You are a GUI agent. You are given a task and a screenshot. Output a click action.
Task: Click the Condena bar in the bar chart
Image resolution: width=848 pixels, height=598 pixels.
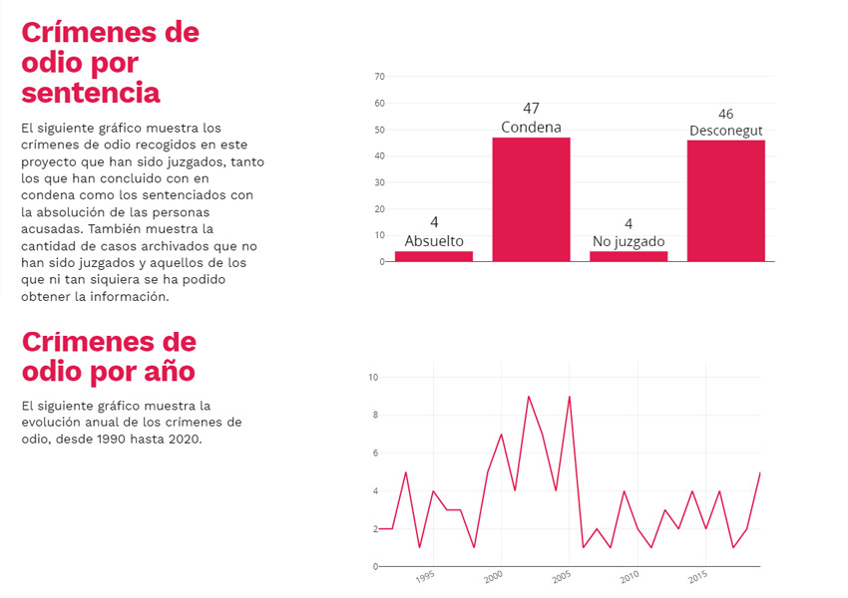(531, 199)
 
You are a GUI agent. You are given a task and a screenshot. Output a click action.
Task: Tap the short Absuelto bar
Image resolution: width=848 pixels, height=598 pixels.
(434, 256)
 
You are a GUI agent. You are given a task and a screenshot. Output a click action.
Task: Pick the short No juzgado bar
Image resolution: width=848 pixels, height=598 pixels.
(629, 256)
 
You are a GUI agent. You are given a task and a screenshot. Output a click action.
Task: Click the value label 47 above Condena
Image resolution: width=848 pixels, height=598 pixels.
(531, 108)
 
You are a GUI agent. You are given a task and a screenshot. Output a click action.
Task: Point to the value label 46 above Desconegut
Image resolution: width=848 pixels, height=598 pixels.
(725, 114)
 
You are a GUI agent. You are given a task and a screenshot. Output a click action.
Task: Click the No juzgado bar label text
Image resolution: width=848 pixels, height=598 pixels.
(629, 241)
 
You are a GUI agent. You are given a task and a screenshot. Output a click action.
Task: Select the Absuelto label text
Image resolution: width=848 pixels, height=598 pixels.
(434, 241)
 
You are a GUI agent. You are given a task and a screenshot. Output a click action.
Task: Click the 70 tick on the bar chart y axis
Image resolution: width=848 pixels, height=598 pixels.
(379, 77)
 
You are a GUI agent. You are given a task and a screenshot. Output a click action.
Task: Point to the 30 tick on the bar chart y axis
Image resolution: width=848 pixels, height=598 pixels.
(379, 182)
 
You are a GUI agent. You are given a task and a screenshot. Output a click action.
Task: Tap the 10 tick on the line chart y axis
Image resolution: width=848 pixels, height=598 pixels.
(372, 378)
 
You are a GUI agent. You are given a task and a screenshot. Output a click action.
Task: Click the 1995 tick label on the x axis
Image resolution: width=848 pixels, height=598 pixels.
(426, 577)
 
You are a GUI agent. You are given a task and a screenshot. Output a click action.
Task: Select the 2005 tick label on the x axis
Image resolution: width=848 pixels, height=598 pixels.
(563, 577)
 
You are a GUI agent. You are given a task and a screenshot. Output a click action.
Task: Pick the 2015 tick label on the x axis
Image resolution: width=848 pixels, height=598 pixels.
(698, 577)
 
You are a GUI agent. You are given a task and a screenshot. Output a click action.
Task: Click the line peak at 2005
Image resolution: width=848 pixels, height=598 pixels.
(570, 397)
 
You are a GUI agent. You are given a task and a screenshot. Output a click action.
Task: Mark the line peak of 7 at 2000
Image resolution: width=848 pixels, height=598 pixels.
(501, 435)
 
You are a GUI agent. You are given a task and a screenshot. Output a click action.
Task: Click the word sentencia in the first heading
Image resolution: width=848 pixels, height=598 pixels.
(91, 93)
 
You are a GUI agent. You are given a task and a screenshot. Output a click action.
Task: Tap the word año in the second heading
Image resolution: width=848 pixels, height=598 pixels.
(168, 371)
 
